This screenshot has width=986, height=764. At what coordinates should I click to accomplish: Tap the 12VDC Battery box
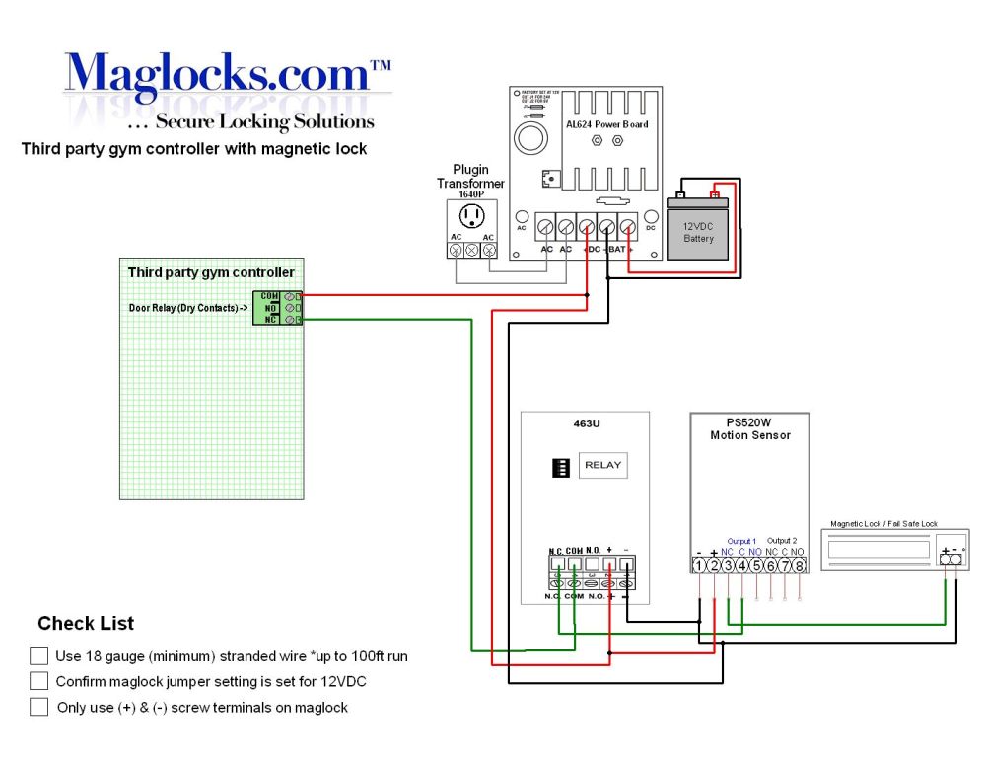point(698,232)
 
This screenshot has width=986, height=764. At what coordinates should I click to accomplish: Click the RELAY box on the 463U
point(602,465)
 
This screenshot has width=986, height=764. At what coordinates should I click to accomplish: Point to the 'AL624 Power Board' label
point(606,125)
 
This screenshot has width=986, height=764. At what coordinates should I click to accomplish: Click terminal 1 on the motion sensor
point(699,566)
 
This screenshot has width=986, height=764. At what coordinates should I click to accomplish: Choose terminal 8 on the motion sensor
point(799,566)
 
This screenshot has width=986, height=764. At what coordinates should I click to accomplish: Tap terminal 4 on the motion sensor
point(741,566)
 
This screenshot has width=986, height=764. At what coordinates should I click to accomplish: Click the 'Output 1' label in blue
point(741,541)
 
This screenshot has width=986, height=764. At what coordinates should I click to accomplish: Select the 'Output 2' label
point(784,541)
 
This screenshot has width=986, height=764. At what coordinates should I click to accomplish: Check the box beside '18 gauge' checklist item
point(39,655)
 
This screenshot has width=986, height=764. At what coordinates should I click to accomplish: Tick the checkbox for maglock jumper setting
point(39,681)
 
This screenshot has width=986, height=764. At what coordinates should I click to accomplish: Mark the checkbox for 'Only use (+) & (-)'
point(39,707)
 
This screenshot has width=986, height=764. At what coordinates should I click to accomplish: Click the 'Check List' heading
point(86,624)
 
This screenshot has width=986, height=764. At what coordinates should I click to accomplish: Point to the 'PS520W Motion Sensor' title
point(750,428)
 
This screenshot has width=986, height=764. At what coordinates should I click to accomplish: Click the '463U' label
point(586,425)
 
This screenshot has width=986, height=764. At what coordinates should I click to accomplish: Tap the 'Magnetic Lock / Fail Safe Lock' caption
point(886,525)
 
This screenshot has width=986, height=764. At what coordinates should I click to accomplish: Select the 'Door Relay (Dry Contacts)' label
point(188,308)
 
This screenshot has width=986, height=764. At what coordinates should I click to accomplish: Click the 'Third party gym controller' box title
point(211,272)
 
